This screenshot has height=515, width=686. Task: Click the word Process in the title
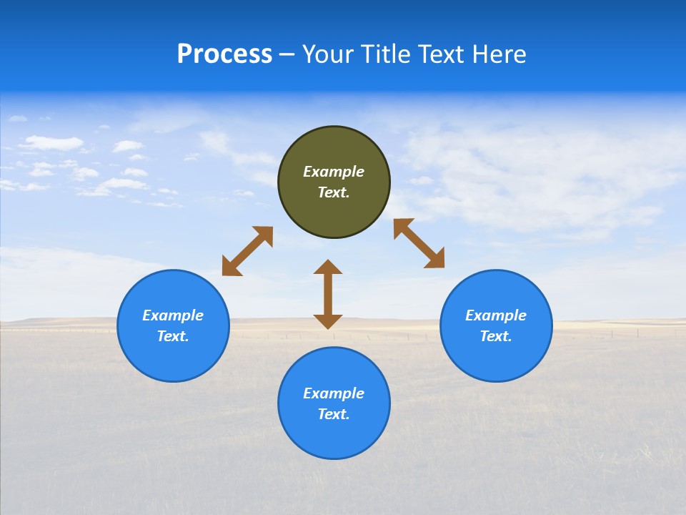[224, 54]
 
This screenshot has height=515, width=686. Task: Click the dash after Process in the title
[287, 55]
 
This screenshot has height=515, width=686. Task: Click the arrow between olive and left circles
[247, 251]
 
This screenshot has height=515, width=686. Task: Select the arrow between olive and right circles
[419, 243]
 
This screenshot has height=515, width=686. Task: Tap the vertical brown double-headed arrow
[328, 295]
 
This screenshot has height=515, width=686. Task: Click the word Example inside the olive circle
[334, 172]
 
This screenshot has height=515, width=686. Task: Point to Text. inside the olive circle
[334, 192]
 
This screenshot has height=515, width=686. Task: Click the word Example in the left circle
[173, 315]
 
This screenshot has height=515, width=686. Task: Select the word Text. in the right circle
[496, 336]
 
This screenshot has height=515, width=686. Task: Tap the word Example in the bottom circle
[334, 393]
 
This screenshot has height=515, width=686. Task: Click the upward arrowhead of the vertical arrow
[328, 268]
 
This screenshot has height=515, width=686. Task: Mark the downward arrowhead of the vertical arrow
[328, 321]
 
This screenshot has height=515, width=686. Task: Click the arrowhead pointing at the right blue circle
[435, 259]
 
